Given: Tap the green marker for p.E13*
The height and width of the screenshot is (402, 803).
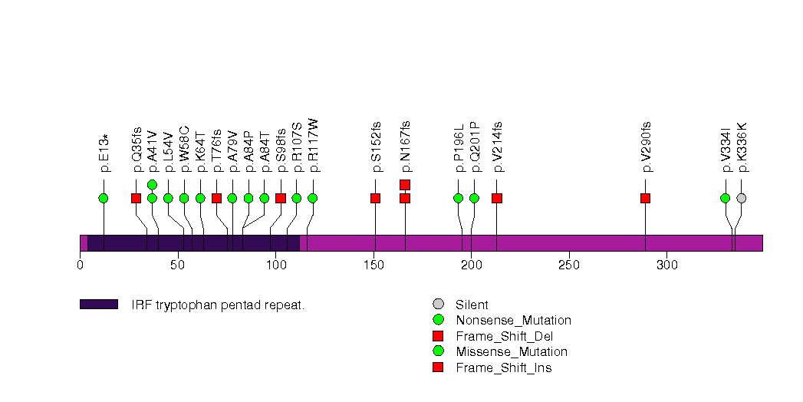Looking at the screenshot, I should click(104, 198).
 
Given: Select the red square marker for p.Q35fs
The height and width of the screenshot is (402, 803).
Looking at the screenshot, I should click(136, 198).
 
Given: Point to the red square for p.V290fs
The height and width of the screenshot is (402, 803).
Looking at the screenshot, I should click(645, 198).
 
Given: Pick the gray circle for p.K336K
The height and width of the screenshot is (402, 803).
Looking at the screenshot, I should click(741, 198).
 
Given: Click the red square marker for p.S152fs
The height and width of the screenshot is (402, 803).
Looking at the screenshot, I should click(375, 198).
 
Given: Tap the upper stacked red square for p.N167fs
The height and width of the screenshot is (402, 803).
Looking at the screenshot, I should click(405, 184).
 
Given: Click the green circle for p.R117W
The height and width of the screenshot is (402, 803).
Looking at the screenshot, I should click(312, 198).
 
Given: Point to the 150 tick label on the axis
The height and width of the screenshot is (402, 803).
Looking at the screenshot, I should click(374, 265).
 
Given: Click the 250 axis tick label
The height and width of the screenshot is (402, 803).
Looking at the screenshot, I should click(569, 265).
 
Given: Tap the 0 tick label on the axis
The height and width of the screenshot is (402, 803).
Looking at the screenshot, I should click(81, 265).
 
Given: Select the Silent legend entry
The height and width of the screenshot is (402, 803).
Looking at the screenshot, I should click(472, 305).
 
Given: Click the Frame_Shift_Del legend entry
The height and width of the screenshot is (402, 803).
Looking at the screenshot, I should click(504, 336).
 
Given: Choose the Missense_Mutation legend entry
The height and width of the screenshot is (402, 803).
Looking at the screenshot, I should click(511, 351).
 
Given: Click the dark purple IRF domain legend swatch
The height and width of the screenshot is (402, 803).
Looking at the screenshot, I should click(98, 305).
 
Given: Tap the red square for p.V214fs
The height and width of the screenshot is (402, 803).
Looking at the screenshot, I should click(496, 198).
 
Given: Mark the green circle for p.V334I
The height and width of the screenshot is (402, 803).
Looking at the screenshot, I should click(725, 198).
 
